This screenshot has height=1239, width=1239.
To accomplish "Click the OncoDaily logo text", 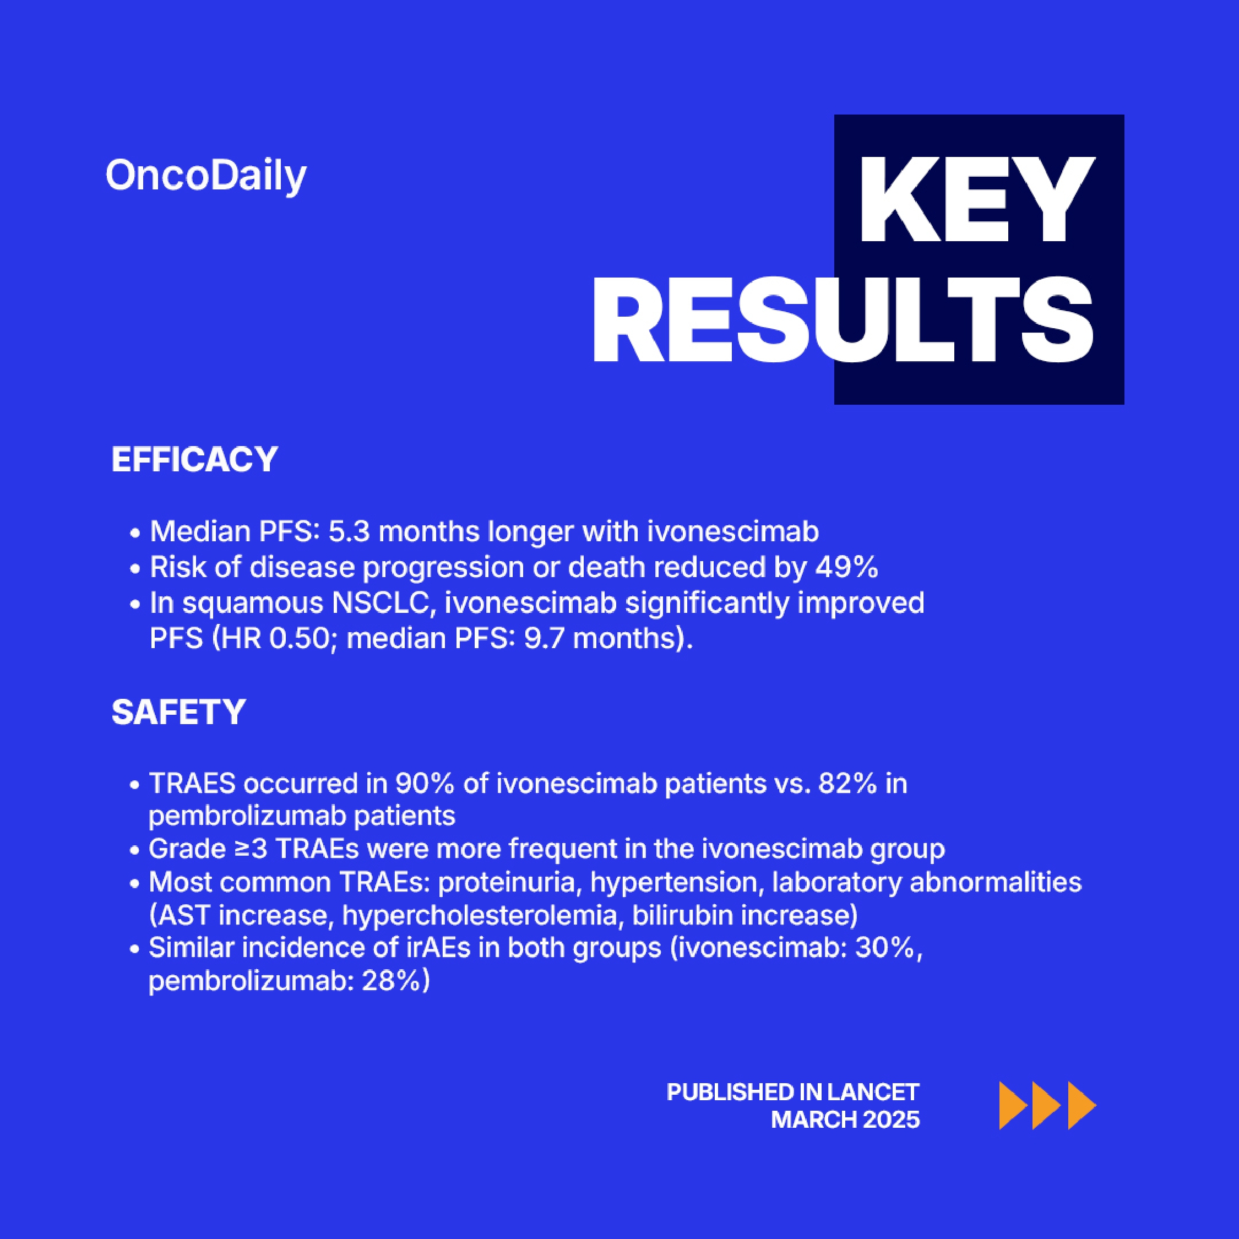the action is [x=206, y=176].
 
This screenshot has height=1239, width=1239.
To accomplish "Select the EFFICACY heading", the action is [x=194, y=459].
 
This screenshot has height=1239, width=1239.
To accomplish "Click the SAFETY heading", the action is [x=178, y=712].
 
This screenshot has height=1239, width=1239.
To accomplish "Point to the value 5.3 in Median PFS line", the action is [x=349, y=531].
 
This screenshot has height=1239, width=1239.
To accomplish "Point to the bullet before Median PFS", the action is [x=135, y=534].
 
